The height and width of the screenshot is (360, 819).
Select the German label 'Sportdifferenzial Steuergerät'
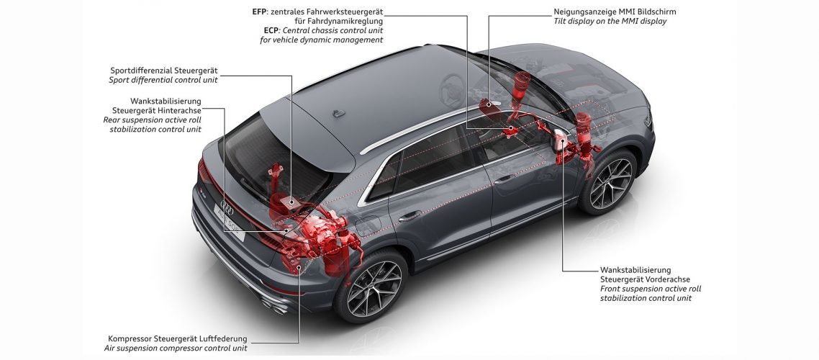tap(164, 71)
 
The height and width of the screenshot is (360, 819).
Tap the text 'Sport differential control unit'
tap(163, 80)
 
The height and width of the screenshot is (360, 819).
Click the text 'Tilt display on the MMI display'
tap(610, 22)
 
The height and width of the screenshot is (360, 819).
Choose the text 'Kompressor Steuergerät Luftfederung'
tap(178, 338)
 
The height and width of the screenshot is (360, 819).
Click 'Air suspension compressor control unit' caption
tap(176, 348)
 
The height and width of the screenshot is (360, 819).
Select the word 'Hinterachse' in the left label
tap(178, 110)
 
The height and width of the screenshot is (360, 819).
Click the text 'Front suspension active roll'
tap(651, 289)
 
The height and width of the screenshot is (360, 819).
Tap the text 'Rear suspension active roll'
tap(153, 120)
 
